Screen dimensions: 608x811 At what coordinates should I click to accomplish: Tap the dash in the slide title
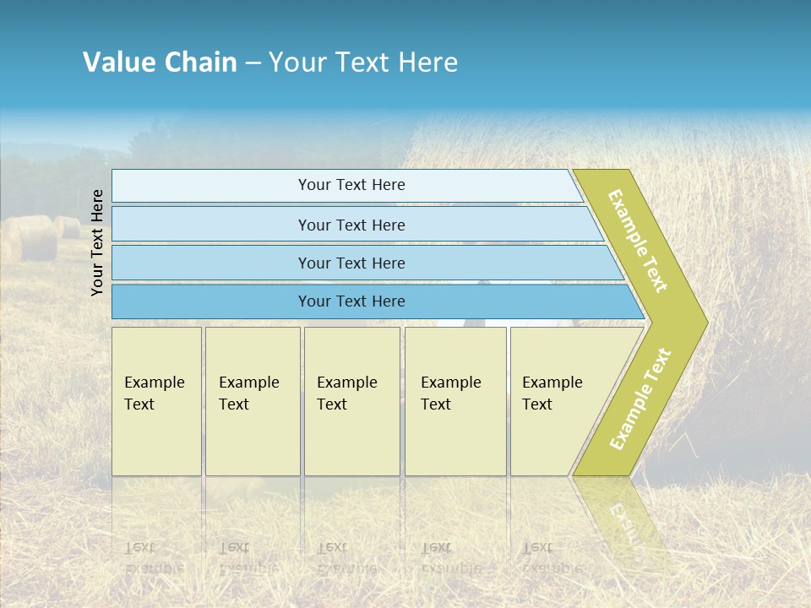253,63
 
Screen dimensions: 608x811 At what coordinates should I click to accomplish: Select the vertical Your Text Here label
98,243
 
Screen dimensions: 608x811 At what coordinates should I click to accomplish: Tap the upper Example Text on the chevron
638,241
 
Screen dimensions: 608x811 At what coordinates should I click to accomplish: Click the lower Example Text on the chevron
640,399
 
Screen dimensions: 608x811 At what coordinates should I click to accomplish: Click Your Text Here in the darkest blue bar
351,301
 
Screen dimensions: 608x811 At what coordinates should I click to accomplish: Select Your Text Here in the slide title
363,62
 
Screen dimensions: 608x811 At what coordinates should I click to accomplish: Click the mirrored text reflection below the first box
155,558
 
